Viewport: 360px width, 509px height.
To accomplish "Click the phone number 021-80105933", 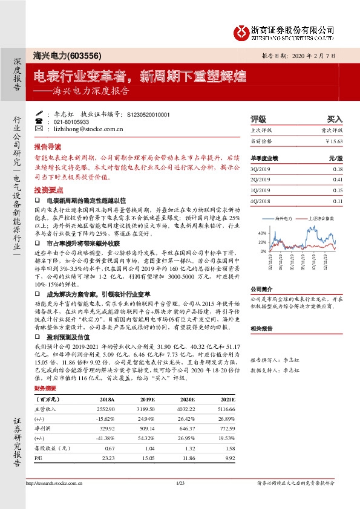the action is coord(73,122).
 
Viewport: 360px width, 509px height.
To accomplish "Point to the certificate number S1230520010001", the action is coord(149,114).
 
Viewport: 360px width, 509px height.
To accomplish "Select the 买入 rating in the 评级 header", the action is coord(335,119).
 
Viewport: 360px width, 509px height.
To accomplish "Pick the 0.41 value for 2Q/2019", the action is coord(337,180).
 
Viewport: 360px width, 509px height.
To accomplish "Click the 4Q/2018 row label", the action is coord(262,201).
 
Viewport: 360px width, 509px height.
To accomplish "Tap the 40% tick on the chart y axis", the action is coord(261,233).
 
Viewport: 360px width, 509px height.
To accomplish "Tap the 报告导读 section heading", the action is coord(48,147).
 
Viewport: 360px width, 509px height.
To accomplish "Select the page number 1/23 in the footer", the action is coord(180,483).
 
